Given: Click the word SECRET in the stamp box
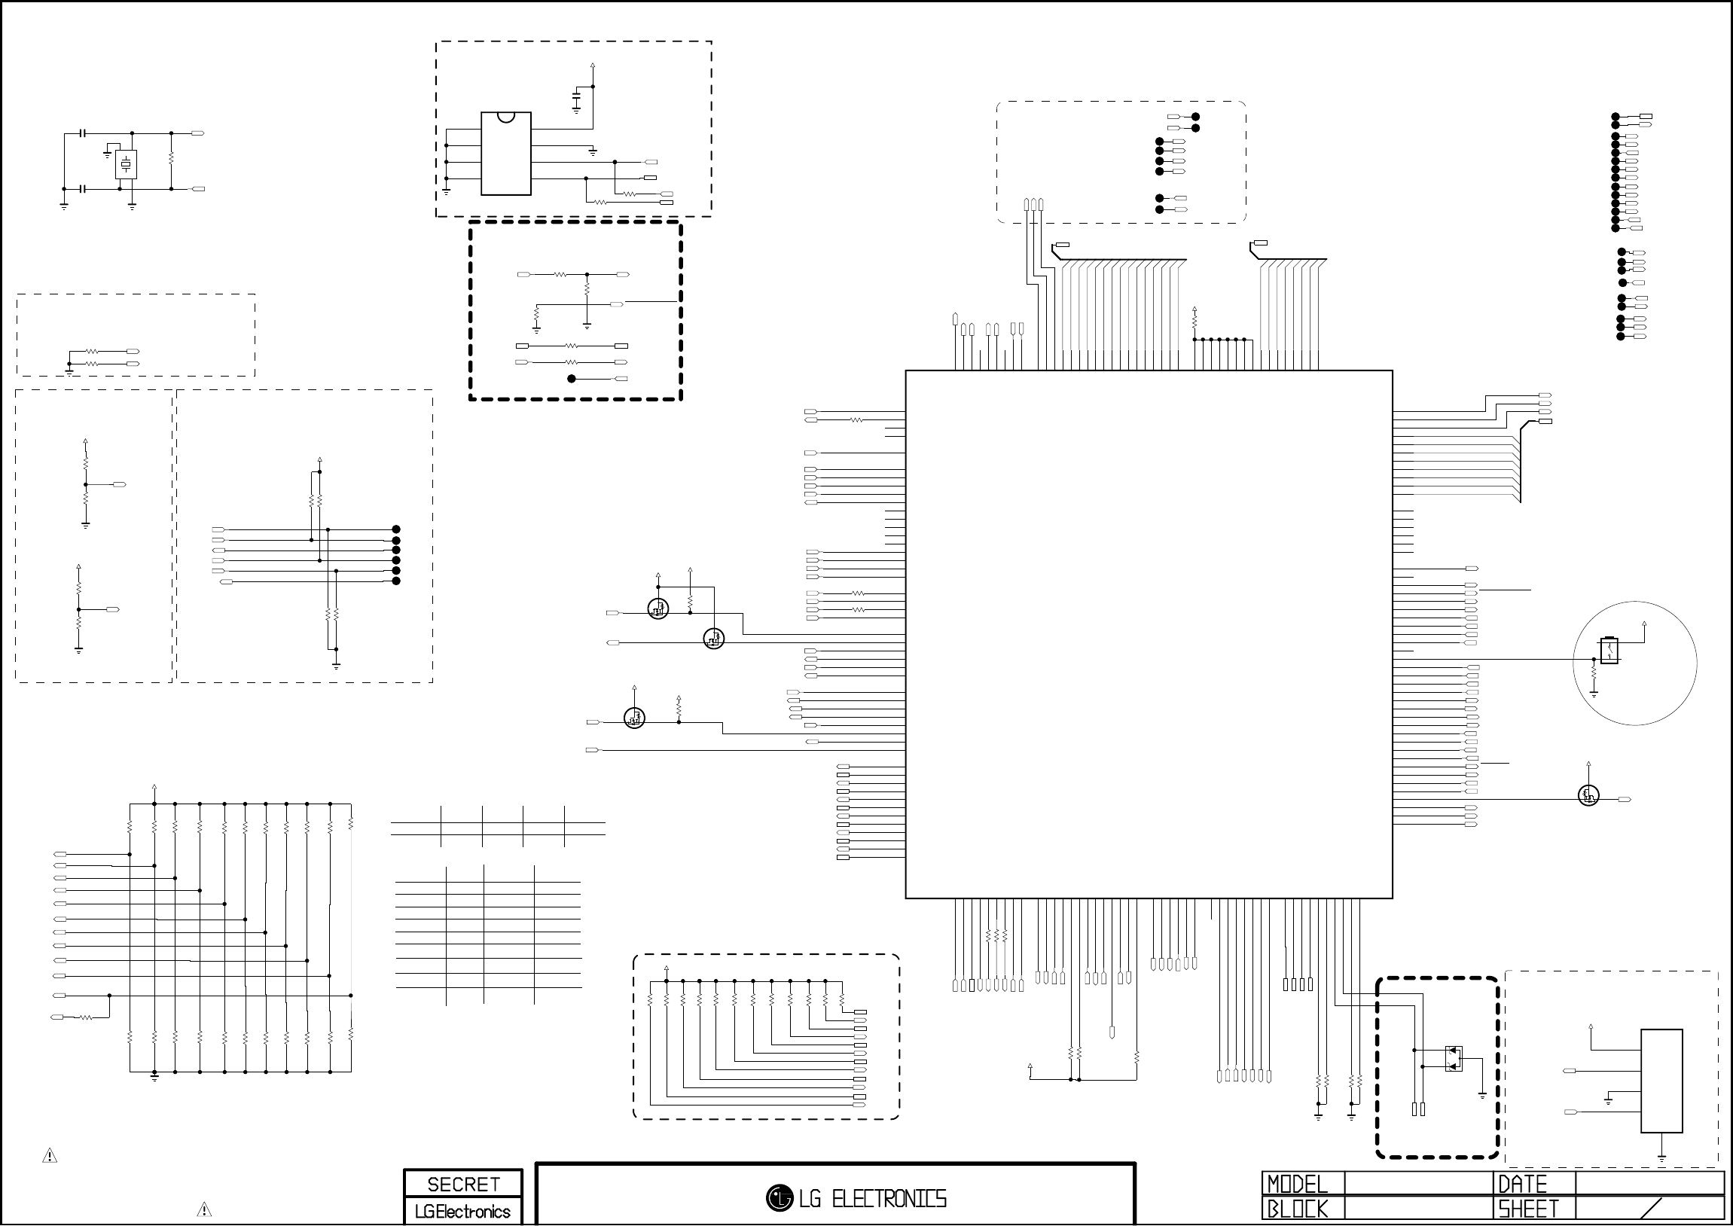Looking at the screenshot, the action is pos(462,1184).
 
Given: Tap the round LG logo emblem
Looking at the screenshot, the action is pos(779,1198).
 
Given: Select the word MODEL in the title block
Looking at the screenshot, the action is pos(1297,1184).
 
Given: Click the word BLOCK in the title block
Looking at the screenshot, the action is pos(1297,1209).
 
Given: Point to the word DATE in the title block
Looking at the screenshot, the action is pos(1522,1184).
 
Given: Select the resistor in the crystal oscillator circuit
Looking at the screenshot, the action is pos(171,160).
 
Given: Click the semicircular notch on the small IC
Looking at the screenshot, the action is pos(505,116).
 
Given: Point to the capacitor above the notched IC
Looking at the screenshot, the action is pos(577,99).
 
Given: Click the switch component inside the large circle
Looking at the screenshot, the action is pos(1609,650).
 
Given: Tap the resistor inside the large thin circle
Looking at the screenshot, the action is pos(1594,671).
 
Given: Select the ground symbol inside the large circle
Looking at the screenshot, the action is pos(1594,692).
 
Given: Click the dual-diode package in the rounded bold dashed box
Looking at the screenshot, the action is pos(1453,1058).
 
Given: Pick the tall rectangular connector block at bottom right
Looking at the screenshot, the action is pos(1661,1081).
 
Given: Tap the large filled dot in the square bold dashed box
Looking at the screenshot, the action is pos(572,379).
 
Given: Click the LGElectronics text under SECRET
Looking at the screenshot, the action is pos(462,1212).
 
